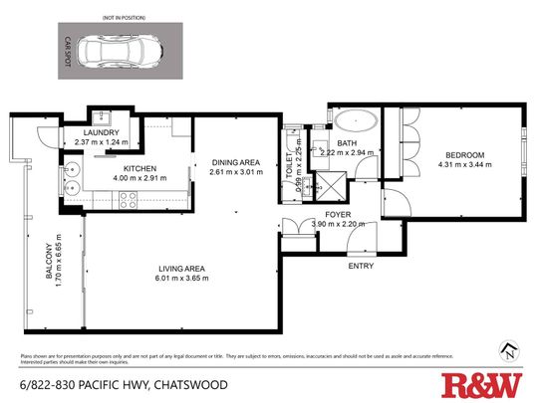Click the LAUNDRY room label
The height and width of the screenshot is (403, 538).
pos(103,133)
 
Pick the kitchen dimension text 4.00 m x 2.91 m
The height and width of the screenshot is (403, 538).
pos(138,179)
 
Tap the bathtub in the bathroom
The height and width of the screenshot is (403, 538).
pos(353,124)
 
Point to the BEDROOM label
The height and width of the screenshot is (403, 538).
pos(464,154)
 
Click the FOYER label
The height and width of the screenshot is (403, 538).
pos(338,214)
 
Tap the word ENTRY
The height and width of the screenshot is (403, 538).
pos(361,267)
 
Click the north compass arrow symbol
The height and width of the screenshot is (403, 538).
pos(511,348)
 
